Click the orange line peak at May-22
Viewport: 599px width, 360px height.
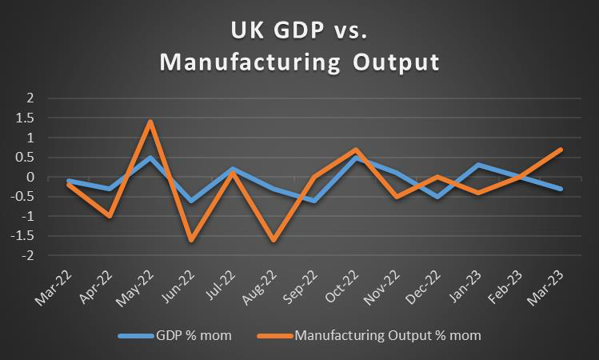point(150,122)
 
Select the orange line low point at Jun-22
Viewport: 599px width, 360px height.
point(191,240)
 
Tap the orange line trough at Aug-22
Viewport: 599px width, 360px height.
point(274,240)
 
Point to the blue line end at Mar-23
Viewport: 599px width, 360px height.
point(561,189)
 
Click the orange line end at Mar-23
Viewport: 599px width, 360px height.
point(561,150)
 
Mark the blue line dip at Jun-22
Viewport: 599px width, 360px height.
point(191,201)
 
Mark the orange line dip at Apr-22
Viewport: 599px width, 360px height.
point(109,216)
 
